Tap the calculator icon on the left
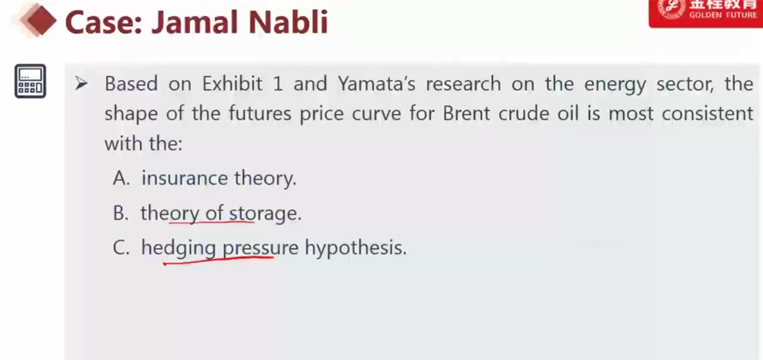pyautogui.click(x=30, y=81)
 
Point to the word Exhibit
pyautogui.click(x=232, y=84)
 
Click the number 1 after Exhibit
pyautogui.click(x=277, y=85)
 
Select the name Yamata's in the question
pyautogui.click(x=377, y=84)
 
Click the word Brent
pyautogui.click(x=467, y=114)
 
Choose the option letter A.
pyautogui.click(x=121, y=179)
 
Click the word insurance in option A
pyautogui.click(x=185, y=178)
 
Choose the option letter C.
pyautogui.click(x=121, y=248)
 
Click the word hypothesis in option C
pyautogui.click(x=355, y=249)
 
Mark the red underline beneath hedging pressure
pyautogui.click(x=218, y=261)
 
